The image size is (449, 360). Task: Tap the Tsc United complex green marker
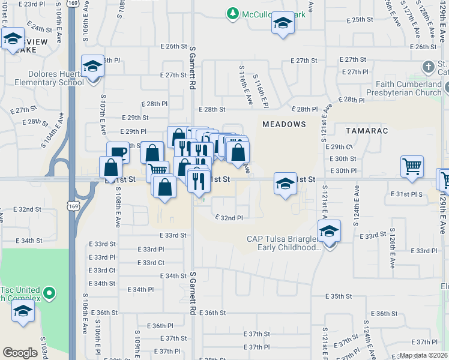coord(50,294)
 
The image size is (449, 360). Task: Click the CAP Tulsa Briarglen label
coord(283,243)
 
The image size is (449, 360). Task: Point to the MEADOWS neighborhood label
coord(284,124)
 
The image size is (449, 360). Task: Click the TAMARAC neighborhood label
coord(367,130)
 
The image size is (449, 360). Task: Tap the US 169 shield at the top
coord(73,4)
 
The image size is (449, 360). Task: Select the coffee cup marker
coord(118,152)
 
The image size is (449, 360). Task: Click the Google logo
coord(20,353)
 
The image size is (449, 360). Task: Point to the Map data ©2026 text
coord(423,355)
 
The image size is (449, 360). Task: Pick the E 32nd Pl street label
coord(228,218)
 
